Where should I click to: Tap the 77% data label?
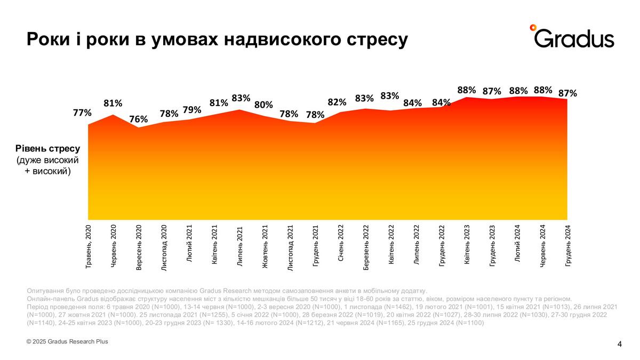82,113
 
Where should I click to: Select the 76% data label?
139,119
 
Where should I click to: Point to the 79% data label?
192,110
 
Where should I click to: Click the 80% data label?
263,105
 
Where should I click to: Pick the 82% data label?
337,102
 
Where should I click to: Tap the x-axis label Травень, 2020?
89,246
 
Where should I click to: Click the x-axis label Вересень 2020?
139,248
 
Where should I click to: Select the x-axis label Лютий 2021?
189,243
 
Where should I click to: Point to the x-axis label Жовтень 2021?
265,246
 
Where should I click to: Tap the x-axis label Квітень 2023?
467,245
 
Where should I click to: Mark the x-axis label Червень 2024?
543,245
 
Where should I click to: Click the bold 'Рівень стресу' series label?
48,149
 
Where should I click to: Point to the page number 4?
619,344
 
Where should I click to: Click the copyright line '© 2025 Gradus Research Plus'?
67,341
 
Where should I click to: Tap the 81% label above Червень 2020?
113,103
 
